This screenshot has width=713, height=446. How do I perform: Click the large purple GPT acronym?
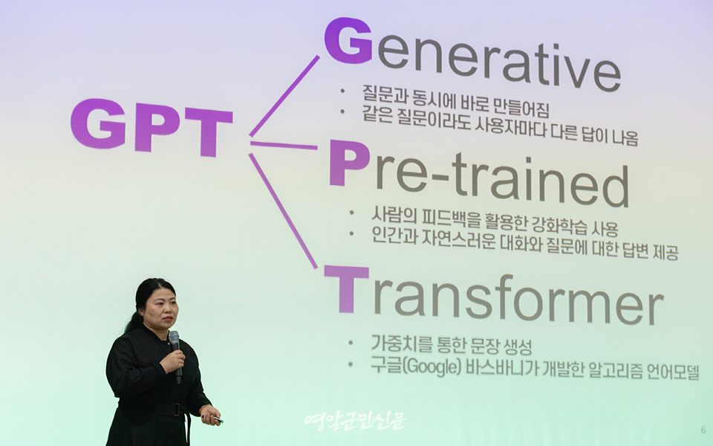[152, 127]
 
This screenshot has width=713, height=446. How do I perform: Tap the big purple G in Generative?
[348, 40]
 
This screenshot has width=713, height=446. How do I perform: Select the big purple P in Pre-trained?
[349, 163]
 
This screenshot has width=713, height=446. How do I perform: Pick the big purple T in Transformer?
[346, 289]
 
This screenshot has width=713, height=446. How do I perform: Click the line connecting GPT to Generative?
[284, 96]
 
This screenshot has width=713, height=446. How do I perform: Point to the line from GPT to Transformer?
[283, 210]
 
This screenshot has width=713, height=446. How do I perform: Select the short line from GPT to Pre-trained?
[284, 145]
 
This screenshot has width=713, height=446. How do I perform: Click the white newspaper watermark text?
[355, 421]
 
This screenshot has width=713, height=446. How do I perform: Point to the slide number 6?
[703, 430]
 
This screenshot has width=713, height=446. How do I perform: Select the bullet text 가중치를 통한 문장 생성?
[452, 345]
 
